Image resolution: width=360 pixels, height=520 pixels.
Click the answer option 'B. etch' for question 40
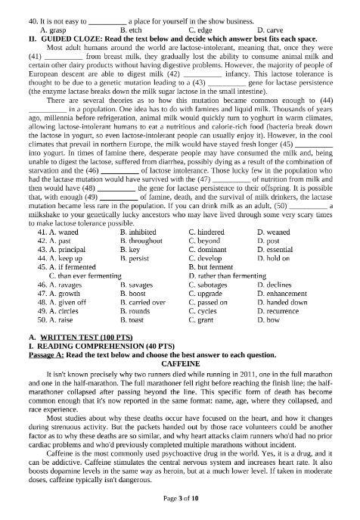pos(132,30)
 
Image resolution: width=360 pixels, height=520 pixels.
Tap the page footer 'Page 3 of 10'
pos(180,499)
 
